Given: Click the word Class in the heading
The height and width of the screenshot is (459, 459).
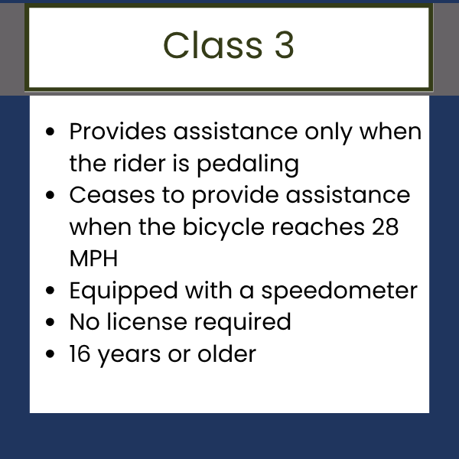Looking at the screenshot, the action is click(213, 45).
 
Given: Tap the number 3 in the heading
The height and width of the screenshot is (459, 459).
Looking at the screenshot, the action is click(285, 45).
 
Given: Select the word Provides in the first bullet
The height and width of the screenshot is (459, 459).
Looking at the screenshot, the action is click(118, 132).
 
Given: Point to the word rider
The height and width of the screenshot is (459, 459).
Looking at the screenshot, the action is click(140, 164).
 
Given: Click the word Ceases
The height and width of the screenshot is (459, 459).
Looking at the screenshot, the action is click(112, 195).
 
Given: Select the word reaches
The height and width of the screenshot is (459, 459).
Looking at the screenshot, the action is click(318, 227).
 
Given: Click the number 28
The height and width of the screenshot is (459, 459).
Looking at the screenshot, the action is click(386, 227).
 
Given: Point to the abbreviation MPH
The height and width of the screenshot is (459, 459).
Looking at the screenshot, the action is click(93, 259).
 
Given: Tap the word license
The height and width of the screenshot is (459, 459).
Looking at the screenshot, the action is click(147, 322).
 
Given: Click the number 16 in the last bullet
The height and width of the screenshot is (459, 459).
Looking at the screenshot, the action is click(80, 354).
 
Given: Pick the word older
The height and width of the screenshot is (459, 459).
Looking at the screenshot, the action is click(227, 354).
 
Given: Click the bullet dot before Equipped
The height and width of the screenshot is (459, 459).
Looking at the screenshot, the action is click(50, 291).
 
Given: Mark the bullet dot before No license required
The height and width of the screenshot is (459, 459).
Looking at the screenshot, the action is click(50, 322).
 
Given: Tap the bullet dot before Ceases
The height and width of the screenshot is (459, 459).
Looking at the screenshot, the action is click(50, 195).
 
